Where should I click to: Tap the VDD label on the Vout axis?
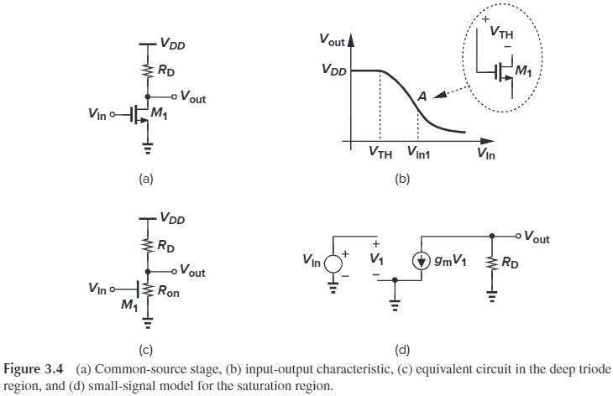(x=334, y=71)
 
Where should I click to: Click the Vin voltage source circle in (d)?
(x=333, y=261)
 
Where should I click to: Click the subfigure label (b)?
(x=403, y=178)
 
